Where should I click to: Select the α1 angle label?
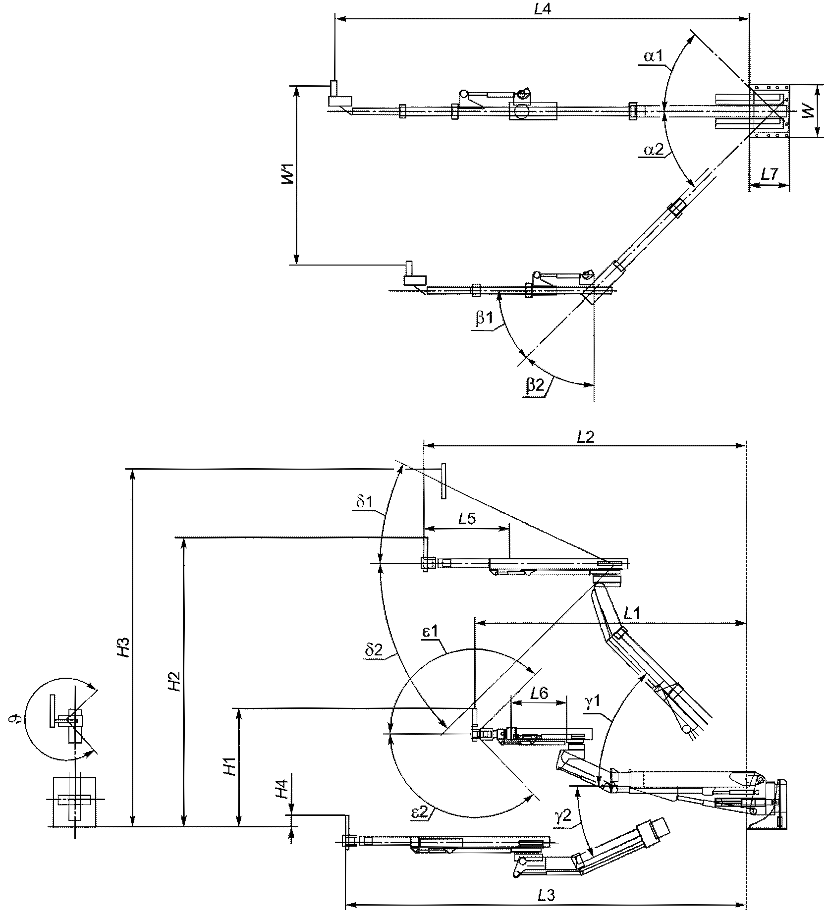(654, 56)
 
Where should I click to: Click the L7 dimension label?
(769, 174)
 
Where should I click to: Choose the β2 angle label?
(536, 384)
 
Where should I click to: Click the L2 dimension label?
(586, 436)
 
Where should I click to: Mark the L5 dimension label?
(467, 519)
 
